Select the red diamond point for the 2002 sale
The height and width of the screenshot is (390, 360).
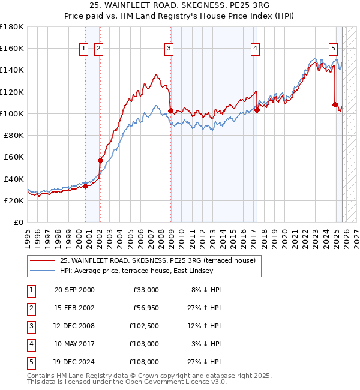click(x=100, y=160)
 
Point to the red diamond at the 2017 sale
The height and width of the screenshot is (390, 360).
click(x=257, y=110)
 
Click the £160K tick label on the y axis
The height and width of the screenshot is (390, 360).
click(x=12, y=48)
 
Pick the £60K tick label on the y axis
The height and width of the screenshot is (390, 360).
click(x=14, y=157)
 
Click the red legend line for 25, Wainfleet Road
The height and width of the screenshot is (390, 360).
click(x=42, y=260)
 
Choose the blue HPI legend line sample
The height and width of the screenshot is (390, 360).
click(x=42, y=271)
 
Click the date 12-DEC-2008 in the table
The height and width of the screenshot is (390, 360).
click(x=74, y=326)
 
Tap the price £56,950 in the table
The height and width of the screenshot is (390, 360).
click(x=146, y=308)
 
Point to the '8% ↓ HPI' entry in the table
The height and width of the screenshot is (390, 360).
click(x=206, y=290)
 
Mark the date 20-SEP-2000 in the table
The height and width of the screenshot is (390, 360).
click(x=74, y=290)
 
